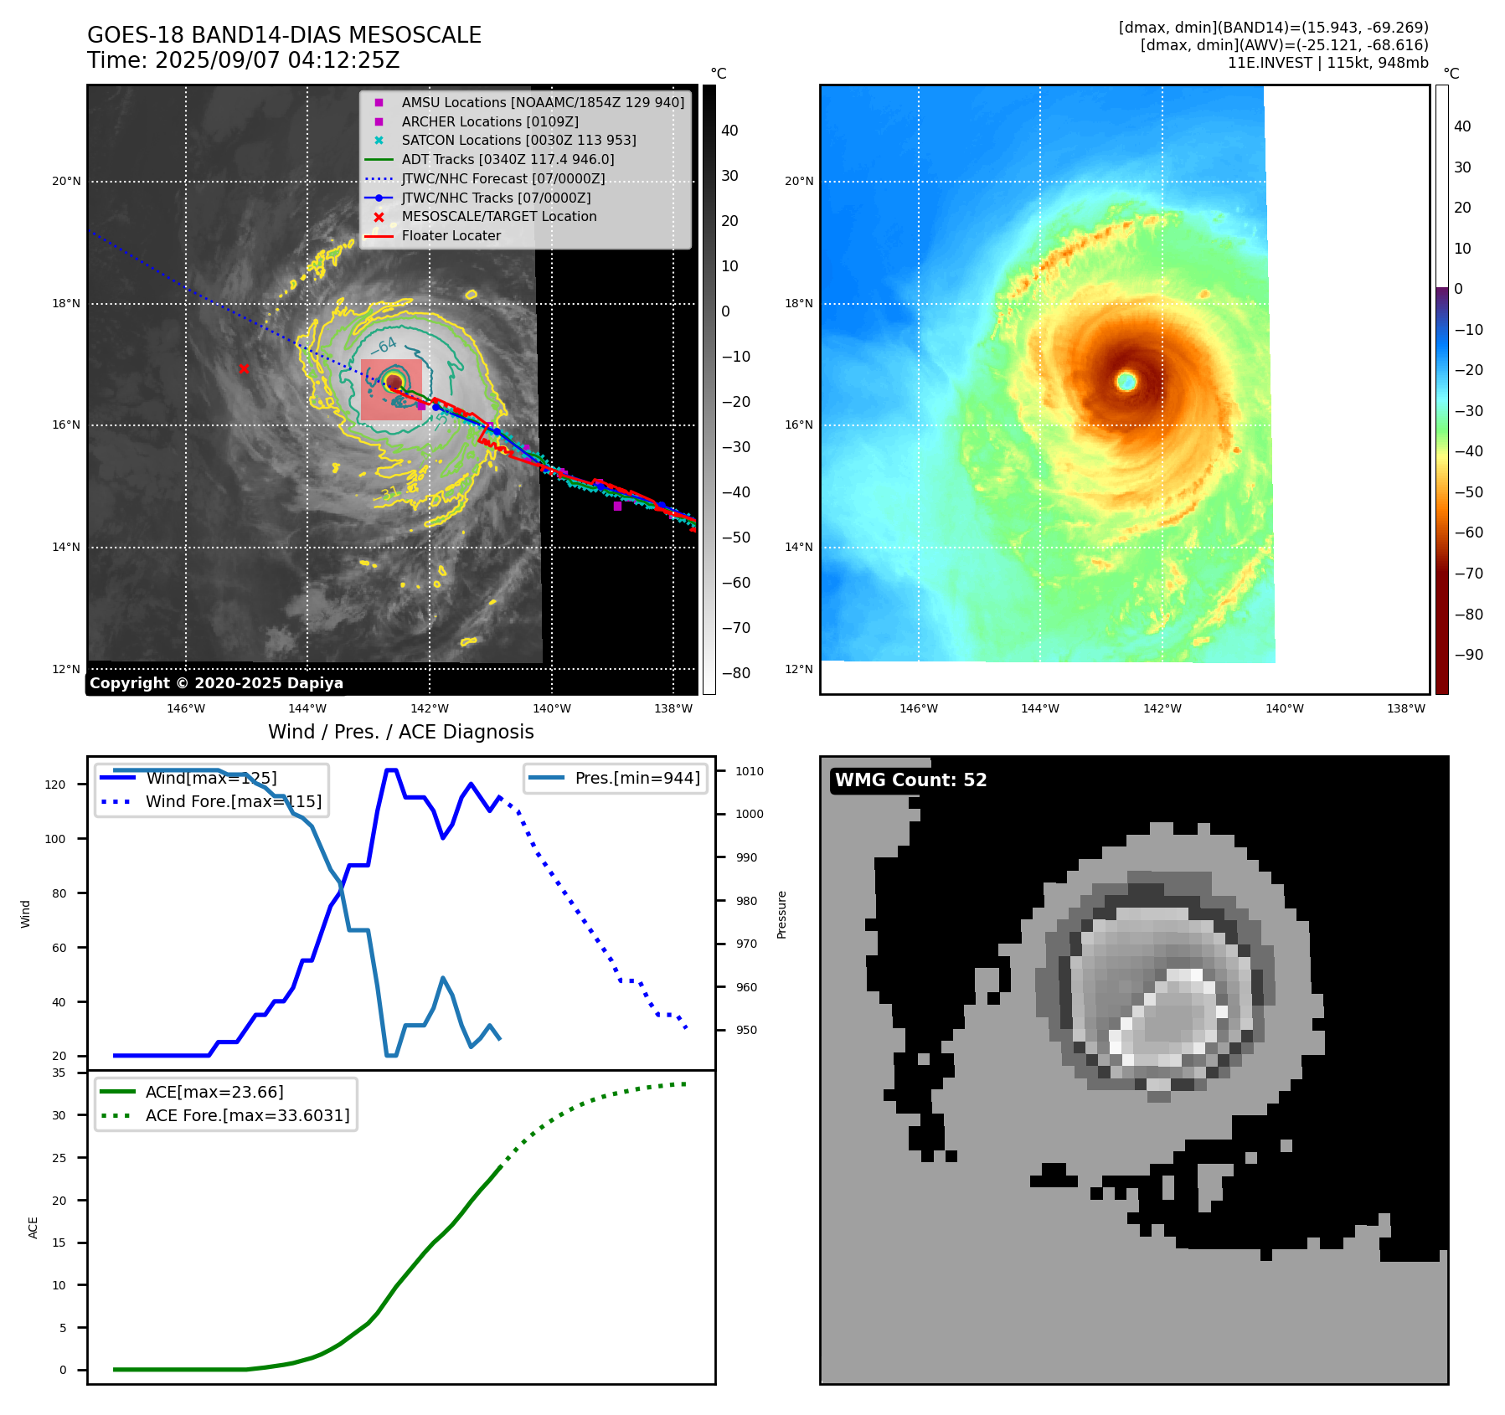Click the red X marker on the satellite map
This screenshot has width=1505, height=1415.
point(244,368)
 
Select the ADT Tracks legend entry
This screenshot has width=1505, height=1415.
point(508,159)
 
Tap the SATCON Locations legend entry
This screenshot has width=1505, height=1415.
point(518,140)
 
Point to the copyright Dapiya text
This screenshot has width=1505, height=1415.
point(216,683)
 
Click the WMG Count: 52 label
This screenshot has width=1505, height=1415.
point(910,780)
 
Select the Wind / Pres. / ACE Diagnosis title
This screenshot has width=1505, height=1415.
point(400,732)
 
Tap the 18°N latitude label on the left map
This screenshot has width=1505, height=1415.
point(66,303)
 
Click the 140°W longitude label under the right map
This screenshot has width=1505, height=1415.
point(1284,708)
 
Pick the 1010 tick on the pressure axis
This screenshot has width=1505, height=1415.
point(750,771)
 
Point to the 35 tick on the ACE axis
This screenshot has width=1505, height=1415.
point(59,1073)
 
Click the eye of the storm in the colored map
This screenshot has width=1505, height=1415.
point(1126,381)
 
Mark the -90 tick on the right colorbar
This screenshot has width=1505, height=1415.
point(1468,655)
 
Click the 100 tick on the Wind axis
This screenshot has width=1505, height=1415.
point(54,839)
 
